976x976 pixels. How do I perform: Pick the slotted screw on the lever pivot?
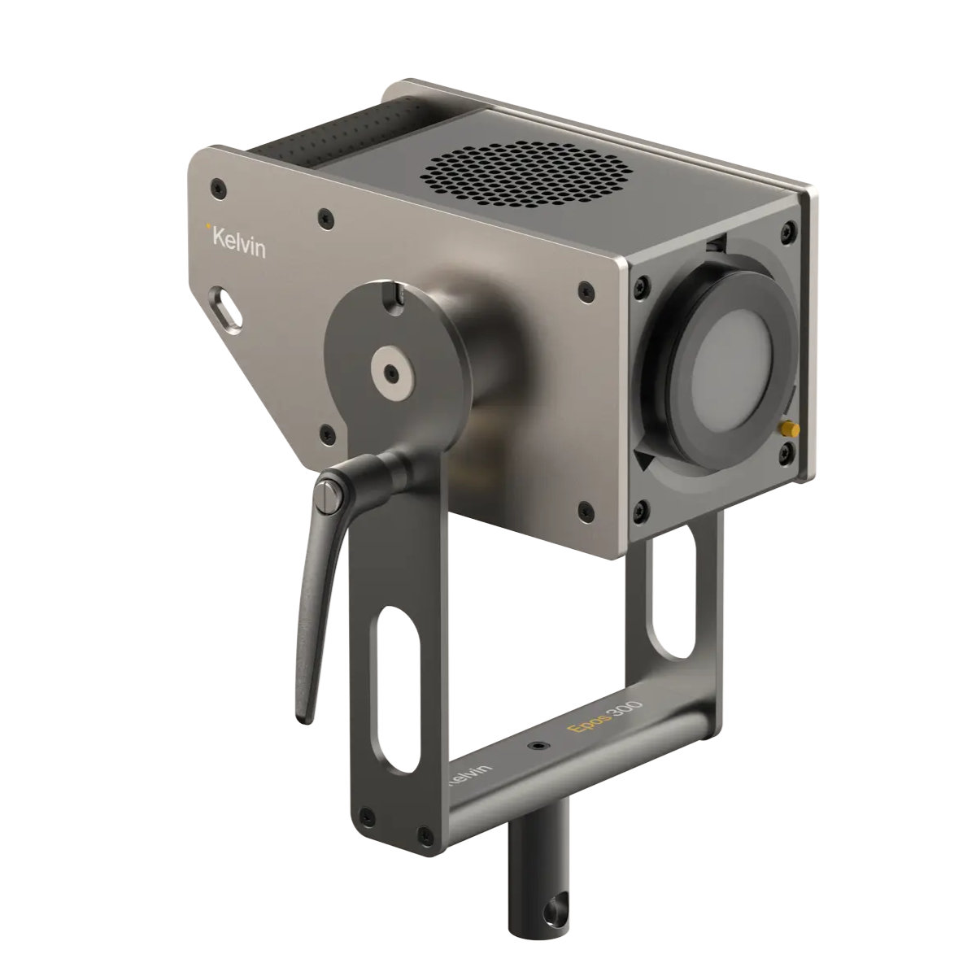329,494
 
